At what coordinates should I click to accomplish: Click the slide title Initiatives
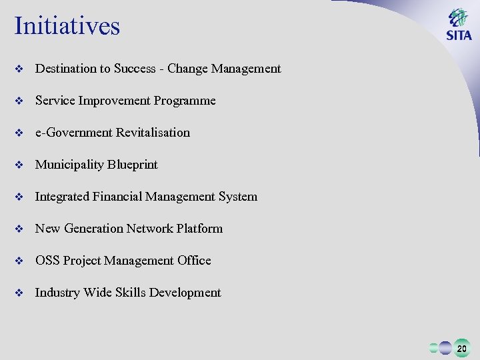click(67, 26)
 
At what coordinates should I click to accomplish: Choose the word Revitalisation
click(153, 133)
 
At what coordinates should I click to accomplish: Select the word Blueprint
click(135, 165)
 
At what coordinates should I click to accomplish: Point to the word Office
click(194, 261)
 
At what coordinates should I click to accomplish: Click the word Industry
click(57, 293)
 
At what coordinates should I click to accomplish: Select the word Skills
click(131, 293)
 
